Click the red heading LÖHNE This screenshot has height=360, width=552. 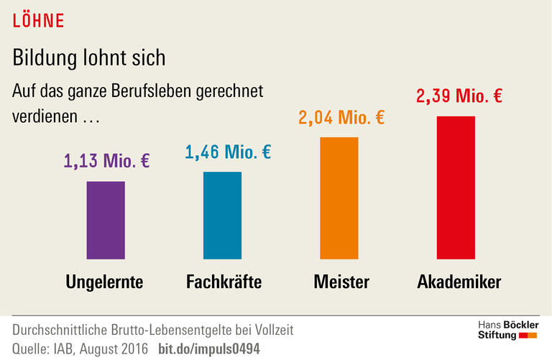coord(39,21)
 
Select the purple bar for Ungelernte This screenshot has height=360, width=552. coord(106,220)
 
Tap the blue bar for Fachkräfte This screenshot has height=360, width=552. coord(223,215)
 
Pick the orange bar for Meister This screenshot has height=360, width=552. coord(339,198)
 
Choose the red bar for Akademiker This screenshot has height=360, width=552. coord(456,187)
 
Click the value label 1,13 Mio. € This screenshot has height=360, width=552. coord(106,161)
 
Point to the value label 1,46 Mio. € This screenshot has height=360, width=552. coord(227,152)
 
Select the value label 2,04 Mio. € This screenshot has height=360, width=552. coord(341,117)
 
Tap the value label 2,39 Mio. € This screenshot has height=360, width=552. coord(459,96)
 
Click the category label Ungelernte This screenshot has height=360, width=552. coord(104,282)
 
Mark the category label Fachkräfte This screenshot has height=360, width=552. coord(224,282)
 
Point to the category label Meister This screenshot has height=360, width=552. coord(341,282)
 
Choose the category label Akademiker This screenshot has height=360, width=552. coord(459,282)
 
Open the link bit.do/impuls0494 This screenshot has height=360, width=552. coord(208,349)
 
